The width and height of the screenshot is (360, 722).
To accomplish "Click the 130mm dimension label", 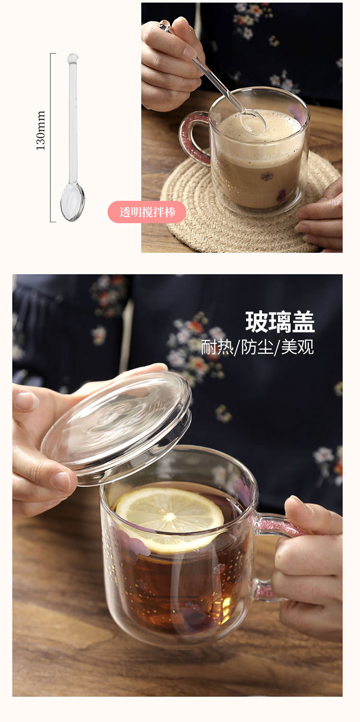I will pos(41,131).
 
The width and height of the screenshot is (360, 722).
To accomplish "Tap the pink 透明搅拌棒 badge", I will pos(147,212).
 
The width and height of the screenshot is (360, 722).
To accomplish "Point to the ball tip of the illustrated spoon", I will pos(72,59).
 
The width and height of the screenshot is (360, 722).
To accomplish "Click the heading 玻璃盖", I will pos(280,322).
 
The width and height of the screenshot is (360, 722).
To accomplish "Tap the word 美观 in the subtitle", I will pos(298,347).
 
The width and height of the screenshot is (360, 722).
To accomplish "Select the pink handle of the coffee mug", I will pos(192,134).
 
